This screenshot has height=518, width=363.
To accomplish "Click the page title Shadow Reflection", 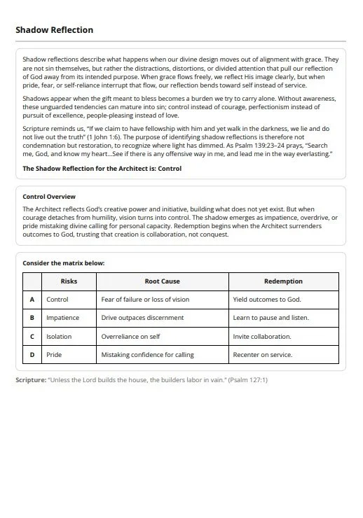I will [54, 30].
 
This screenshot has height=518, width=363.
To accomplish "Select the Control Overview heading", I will [49, 197].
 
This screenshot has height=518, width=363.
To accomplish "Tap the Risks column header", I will [69, 281].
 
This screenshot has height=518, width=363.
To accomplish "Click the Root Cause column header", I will [162, 281].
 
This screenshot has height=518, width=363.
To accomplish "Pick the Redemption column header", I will [283, 281].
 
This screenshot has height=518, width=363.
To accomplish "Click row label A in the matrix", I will [32, 300].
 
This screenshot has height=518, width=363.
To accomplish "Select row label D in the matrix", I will [32, 355].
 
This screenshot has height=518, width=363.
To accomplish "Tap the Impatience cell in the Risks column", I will [63, 318].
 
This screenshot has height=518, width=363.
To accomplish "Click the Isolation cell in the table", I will [59, 337].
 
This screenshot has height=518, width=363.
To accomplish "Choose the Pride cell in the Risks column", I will [54, 355].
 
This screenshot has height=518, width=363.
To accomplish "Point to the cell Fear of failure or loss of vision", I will [145, 300].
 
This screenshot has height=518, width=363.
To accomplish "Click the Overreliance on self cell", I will [130, 337].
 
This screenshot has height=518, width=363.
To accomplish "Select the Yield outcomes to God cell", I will [266, 300].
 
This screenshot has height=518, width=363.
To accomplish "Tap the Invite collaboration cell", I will [262, 337].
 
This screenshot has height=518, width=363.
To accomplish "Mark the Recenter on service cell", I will [263, 355].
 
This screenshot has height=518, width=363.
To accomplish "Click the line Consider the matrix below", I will [63, 263].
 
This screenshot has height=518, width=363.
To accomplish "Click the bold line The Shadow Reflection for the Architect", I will [102, 169].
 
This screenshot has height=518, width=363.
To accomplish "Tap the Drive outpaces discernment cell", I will [142, 318].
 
